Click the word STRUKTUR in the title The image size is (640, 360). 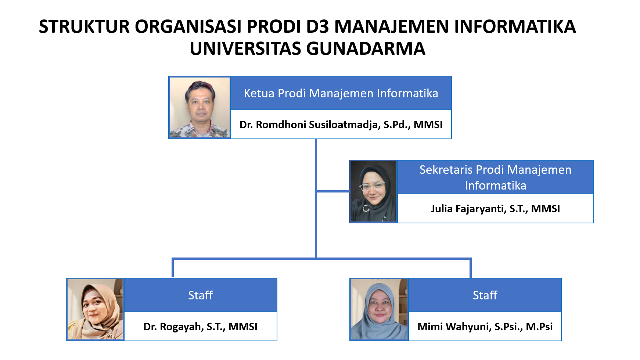[84, 26]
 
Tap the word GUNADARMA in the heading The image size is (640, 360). [366, 48]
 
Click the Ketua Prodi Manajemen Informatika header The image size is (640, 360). [341, 93]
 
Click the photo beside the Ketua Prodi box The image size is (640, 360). [199, 107]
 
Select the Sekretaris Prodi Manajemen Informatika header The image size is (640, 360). [495, 177]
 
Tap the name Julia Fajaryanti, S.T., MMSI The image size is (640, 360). [495, 209]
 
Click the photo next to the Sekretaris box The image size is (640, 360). [373, 191]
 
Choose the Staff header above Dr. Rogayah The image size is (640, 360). [201, 295]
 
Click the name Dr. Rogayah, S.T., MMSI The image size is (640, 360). [201, 327]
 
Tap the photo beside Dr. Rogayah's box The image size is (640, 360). [95, 309]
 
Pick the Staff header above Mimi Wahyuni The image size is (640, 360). [485, 295]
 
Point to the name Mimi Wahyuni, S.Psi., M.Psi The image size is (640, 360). [485, 327]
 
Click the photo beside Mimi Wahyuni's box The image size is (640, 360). [379, 309]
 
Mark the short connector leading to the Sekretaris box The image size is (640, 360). [333, 191]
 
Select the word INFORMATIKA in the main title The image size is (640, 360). [515, 26]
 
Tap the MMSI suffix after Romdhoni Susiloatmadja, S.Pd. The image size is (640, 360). [428, 125]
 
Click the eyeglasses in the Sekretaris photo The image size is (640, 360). [372, 186]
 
